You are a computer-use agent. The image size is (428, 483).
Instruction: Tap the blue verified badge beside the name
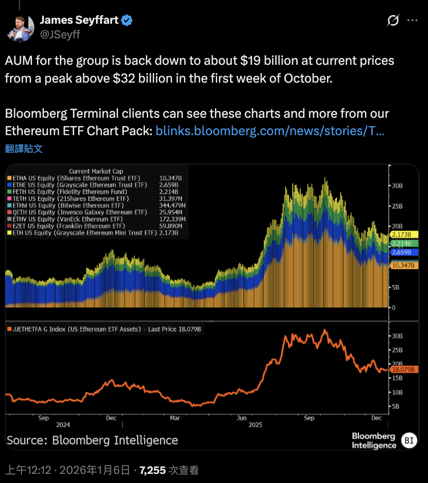127,20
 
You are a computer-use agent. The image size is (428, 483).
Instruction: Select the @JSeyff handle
60,34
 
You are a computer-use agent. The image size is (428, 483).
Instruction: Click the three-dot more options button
412,21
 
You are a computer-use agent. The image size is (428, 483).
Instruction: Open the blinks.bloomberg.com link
269,131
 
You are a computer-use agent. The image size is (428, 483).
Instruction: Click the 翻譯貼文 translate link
24,148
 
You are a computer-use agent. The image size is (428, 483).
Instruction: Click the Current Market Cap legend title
96,171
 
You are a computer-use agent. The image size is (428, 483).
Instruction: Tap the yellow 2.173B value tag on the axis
401,235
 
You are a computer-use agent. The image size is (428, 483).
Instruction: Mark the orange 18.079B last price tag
403,369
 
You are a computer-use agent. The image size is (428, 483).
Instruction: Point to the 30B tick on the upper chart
396,186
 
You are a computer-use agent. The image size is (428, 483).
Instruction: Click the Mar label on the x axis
175,418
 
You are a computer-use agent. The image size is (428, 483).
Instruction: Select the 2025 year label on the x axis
255,425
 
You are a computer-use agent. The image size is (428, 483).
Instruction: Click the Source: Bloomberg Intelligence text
92,441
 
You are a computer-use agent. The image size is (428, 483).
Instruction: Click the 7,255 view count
152,470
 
